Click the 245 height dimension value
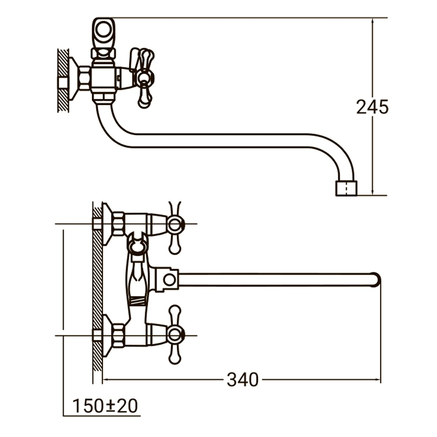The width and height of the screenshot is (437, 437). pos(372,107)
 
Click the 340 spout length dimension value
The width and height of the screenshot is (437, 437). pos(242,379)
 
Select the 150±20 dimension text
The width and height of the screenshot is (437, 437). pos(105,406)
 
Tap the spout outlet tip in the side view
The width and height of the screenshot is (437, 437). pos(346,188)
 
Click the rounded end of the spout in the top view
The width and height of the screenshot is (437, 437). pos(376,280)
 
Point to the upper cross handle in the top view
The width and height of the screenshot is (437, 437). pos(175,225)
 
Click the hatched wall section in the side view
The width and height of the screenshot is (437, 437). pos(63,80)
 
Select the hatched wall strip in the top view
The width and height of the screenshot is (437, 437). pos(97,282)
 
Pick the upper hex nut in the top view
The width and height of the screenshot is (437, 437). pos(118,223)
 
